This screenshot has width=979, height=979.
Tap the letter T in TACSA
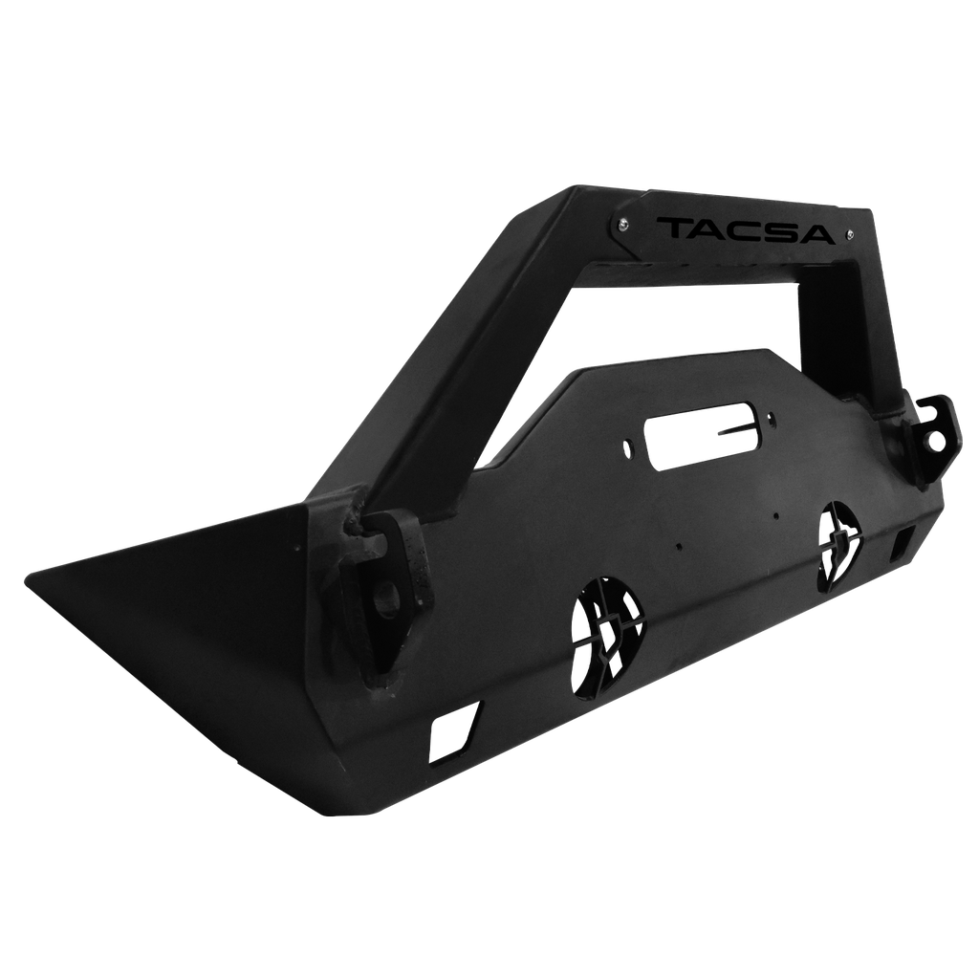675,229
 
